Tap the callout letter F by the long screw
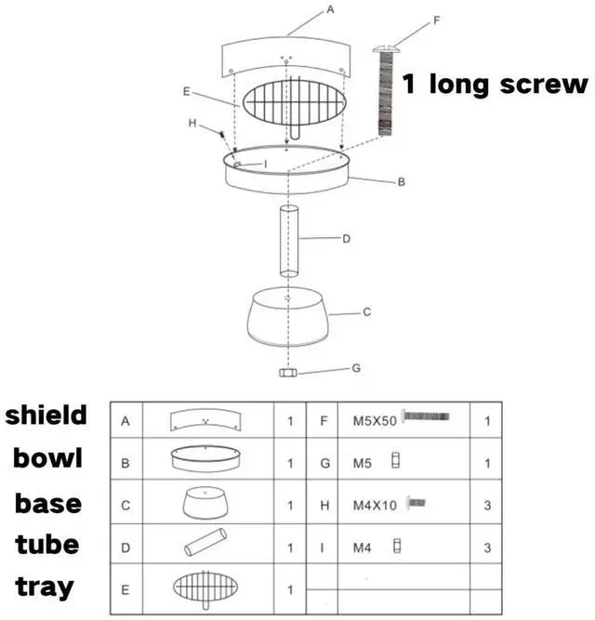(x=437, y=18)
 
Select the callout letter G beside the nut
(x=355, y=368)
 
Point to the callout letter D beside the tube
(x=345, y=239)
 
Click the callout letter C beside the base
(x=366, y=312)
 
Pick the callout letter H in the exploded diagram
(x=192, y=123)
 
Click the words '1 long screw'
(x=496, y=85)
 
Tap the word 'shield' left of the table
(x=46, y=415)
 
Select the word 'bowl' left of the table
(x=48, y=458)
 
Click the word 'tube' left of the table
(x=48, y=545)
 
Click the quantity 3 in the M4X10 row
(x=487, y=505)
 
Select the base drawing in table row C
(x=208, y=503)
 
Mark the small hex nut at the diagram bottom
(x=288, y=373)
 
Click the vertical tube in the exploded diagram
(x=289, y=240)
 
